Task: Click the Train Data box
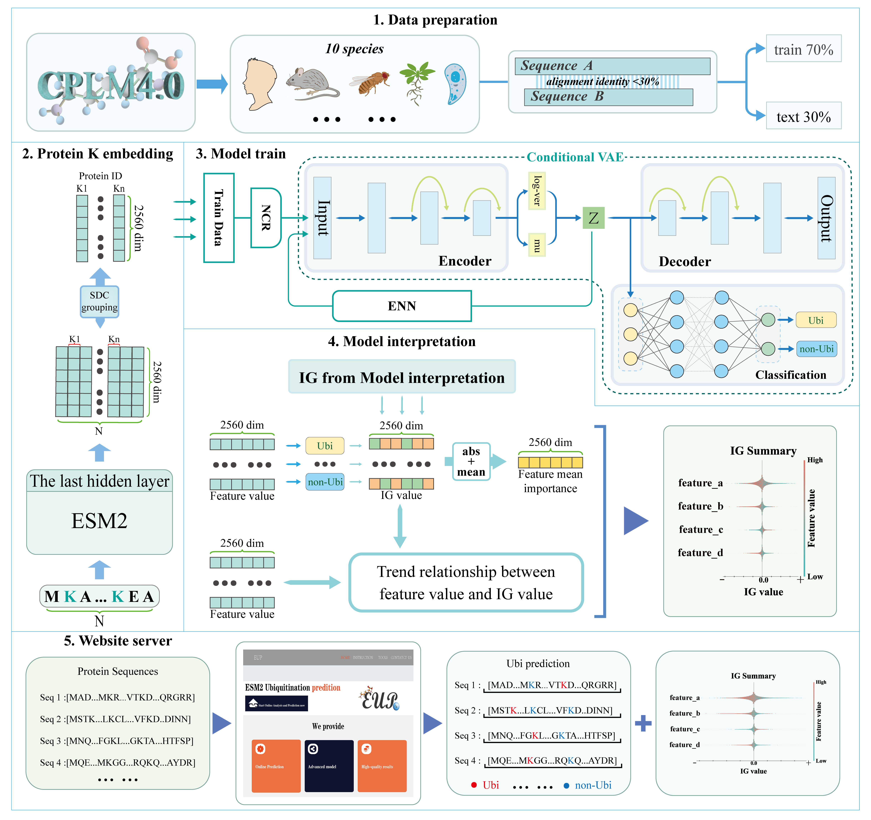click(219, 218)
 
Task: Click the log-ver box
click(537, 191)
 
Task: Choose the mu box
click(537, 245)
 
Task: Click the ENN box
click(402, 306)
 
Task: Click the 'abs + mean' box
click(471, 462)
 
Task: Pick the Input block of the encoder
click(322, 218)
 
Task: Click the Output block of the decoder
click(826, 218)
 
